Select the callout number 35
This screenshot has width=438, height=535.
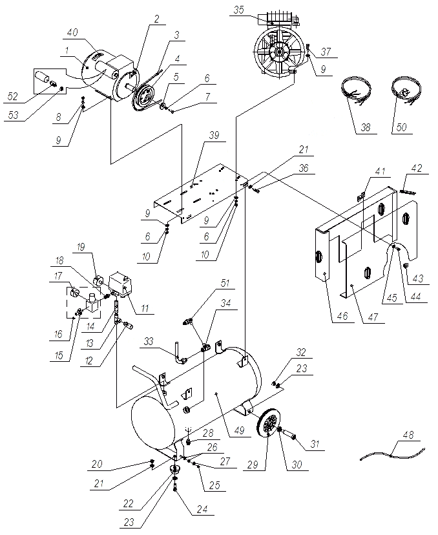(x=238, y=10)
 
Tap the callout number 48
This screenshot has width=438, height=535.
(x=408, y=436)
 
